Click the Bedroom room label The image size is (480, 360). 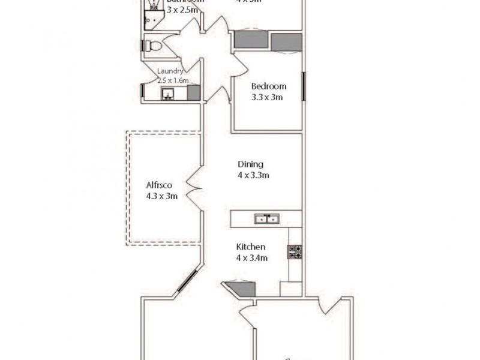(x=268, y=86)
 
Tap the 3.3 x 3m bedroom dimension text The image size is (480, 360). (x=268, y=97)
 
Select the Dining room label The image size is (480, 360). (x=251, y=164)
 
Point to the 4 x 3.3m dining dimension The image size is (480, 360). (x=253, y=176)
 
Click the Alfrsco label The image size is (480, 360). (x=160, y=185)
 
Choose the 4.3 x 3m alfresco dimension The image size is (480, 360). (x=161, y=196)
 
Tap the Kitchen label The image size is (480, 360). (x=251, y=247)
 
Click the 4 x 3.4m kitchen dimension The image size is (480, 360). (x=252, y=258)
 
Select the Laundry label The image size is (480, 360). (x=170, y=71)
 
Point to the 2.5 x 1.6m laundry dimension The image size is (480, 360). (x=173, y=80)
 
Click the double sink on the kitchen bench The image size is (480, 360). (x=266, y=219)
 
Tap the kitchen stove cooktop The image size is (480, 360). (x=295, y=251)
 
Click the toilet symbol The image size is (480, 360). (x=152, y=46)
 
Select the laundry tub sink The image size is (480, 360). (x=167, y=94)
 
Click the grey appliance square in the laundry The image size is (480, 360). (x=193, y=92)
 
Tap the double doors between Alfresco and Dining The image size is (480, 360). (x=194, y=187)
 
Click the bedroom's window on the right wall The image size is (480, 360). (x=304, y=86)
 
